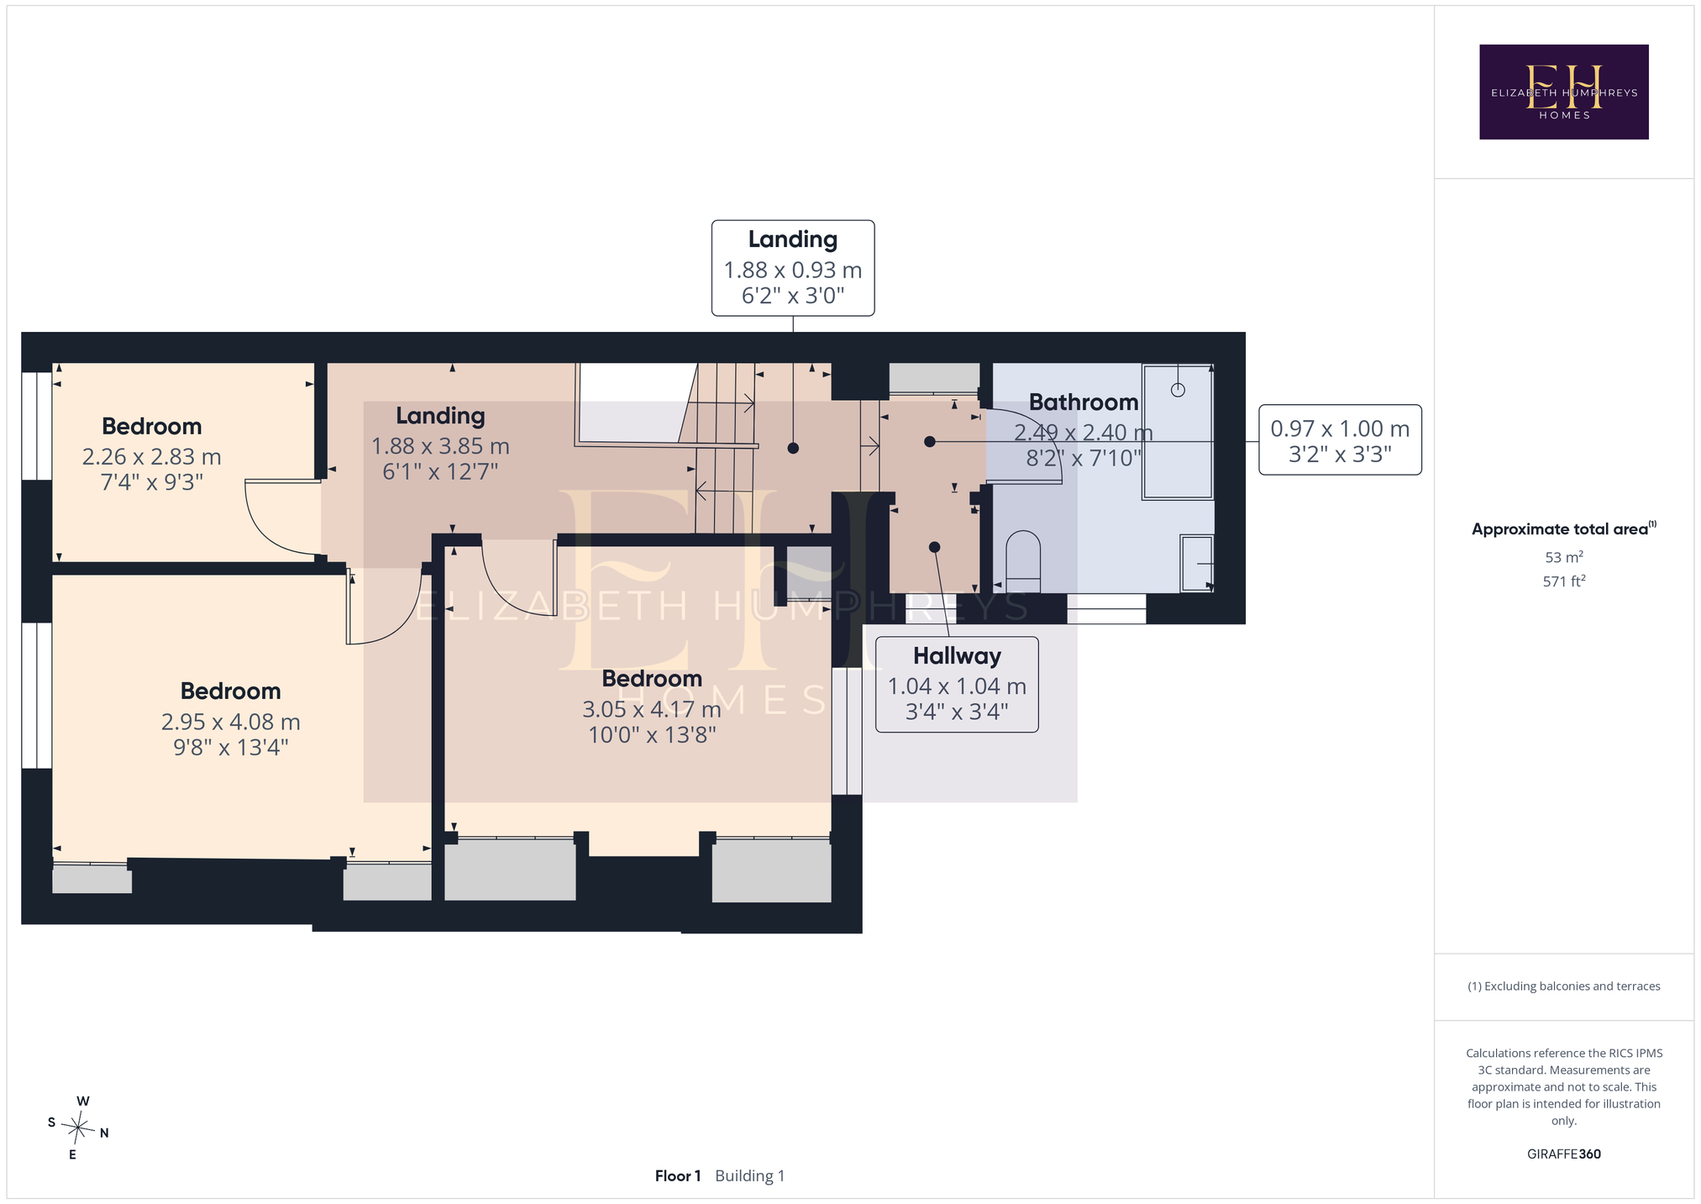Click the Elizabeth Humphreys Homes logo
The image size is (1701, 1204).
tap(1563, 92)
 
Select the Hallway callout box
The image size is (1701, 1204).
tap(957, 684)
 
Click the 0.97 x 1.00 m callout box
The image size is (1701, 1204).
tap(1340, 440)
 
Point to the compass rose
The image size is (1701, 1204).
tap(77, 1127)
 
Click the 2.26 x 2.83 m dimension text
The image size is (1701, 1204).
tap(152, 457)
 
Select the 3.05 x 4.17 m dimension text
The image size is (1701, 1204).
tap(652, 710)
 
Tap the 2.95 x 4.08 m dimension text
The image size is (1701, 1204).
tap(231, 722)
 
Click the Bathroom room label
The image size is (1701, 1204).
tap(1084, 402)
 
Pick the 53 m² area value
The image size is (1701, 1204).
tap(1564, 557)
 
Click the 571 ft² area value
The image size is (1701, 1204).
tap(1564, 581)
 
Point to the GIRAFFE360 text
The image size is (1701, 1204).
tap(1564, 1154)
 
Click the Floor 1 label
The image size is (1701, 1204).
tap(678, 1175)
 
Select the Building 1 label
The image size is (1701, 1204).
tap(750, 1176)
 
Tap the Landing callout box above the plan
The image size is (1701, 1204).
tap(793, 268)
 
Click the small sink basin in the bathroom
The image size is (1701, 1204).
tap(1197, 564)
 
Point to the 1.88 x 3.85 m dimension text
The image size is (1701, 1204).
tap(441, 446)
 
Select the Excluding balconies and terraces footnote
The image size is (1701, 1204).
tap(1564, 986)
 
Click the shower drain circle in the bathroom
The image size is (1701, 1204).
tap(1178, 390)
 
